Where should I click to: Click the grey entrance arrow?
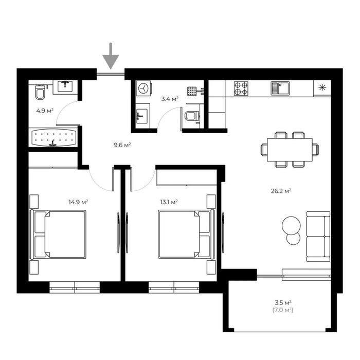click(111, 56)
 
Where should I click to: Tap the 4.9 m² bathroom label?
click(45, 111)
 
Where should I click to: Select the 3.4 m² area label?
click(170, 99)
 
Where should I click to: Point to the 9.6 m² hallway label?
click(122, 145)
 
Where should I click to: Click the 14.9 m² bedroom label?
click(78, 202)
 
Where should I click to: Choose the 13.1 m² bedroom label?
click(169, 202)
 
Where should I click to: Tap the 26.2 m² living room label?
click(281, 191)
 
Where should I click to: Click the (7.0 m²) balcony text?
click(283, 311)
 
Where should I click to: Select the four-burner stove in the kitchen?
click(241, 88)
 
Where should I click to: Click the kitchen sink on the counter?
click(280, 88)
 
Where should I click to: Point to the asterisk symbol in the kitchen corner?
click(322, 87)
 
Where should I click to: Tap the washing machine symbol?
click(143, 88)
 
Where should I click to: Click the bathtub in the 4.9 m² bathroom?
click(53, 137)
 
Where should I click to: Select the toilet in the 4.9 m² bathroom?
click(41, 92)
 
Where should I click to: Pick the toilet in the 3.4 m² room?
click(192, 116)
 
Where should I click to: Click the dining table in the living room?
click(290, 150)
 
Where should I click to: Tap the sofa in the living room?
click(318, 237)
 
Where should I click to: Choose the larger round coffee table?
click(292, 225)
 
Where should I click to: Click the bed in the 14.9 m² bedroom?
click(58, 235)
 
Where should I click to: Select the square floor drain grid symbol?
click(192, 91)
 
